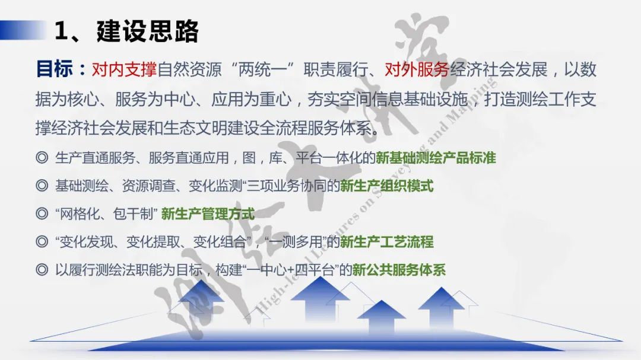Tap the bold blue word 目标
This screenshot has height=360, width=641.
[54, 69]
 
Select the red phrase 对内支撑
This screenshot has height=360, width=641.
[124, 70]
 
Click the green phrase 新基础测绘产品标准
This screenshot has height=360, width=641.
[436, 158]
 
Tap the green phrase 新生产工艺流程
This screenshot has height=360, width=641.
[386, 242]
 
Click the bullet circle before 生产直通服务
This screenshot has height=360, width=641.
[42, 158]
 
